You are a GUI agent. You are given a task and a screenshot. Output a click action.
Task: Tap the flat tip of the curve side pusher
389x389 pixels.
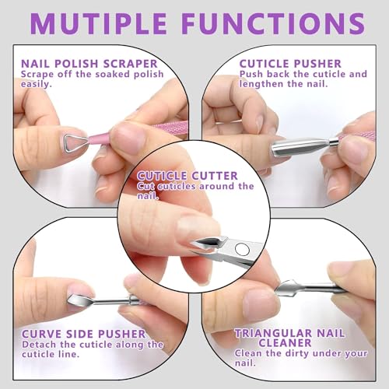tap(81, 296)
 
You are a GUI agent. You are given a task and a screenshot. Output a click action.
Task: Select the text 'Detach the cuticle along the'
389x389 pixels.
tap(93, 344)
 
